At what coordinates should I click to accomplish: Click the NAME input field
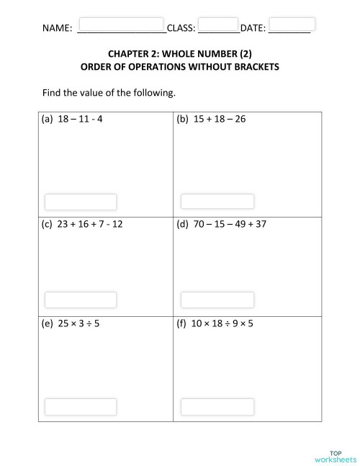tap(120, 24)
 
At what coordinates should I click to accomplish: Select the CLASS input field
tap(217, 24)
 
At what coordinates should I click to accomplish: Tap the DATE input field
tap(292, 24)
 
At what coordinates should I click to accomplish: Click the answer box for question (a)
tap(81, 202)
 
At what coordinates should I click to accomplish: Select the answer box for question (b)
tap(217, 202)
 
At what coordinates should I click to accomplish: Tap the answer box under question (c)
tap(81, 300)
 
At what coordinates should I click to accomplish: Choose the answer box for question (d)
tap(217, 300)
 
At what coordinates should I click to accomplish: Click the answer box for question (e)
tap(81, 406)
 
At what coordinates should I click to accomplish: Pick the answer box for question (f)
tap(217, 406)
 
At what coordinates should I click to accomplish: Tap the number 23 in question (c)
tap(63, 224)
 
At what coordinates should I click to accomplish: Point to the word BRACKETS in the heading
tap(252, 67)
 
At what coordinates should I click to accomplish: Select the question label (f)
tap(181, 323)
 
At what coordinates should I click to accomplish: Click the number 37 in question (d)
tap(260, 224)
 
